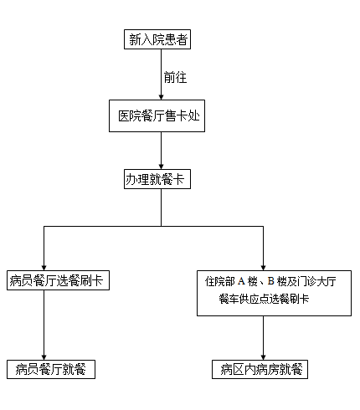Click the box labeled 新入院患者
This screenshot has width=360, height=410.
[x=157, y=39]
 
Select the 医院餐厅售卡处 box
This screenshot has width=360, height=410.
[x=157, y=115]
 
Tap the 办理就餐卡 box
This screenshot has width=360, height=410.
[x=157, y=179]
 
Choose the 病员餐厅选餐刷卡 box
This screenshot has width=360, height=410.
[x=58, y=280]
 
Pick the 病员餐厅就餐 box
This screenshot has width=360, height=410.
[x=51, y=369]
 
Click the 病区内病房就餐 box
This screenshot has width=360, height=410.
[x=260, y=369]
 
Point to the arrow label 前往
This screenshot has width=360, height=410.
[x=175, y=77]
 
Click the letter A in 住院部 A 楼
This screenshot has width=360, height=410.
[x=241, y=281]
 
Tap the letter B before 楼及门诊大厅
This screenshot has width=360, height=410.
[x=270, y=281]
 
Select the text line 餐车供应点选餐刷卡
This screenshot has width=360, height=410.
[x=264, y=299]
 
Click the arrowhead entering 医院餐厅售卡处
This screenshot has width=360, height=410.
[x=161, y=97]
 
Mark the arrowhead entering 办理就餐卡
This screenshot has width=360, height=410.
[x=161, y=167]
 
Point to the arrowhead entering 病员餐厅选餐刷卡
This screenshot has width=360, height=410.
[x=44, y=268]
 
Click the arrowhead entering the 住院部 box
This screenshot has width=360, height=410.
[x=263, y=268]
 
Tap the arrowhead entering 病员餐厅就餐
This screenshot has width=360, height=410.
[x=44, y=357]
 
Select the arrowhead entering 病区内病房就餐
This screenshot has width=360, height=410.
[x=263, y=357]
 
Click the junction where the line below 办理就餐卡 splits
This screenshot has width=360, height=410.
[x=161, y=226]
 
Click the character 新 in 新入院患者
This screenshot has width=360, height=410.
[x=135, y=39]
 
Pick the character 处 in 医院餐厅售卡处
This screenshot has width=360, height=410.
[x=194, y=115]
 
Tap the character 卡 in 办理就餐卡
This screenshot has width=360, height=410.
[x=178, y=179]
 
